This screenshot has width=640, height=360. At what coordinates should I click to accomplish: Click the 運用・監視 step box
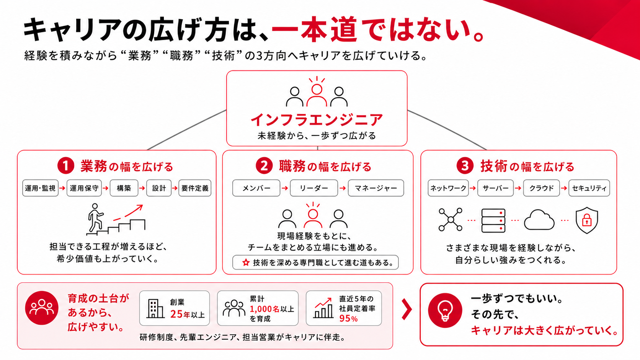40,188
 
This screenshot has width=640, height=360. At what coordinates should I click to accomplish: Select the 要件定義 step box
195,188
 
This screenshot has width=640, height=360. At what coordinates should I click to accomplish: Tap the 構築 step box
124,188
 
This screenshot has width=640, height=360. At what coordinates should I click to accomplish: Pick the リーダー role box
314,188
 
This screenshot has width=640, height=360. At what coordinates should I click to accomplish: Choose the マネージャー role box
376,188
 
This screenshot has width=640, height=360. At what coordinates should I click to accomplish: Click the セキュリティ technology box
589,188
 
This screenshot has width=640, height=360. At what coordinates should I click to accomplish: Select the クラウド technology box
541,188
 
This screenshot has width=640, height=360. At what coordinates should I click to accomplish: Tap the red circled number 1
66,166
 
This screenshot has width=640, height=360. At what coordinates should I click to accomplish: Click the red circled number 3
465,166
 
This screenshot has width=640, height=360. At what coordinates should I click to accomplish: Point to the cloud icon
539,220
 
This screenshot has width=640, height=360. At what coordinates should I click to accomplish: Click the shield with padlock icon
586,220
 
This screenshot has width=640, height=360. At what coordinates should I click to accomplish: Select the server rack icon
493,220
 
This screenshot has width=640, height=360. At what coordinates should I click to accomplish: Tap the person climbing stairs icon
116,219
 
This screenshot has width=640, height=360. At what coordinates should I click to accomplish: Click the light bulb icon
445,310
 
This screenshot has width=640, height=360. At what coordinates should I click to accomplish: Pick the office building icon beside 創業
155,309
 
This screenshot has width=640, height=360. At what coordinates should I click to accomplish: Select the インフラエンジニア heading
317,120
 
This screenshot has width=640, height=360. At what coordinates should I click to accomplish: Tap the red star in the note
246,262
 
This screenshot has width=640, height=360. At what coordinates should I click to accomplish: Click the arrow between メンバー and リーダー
285,188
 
